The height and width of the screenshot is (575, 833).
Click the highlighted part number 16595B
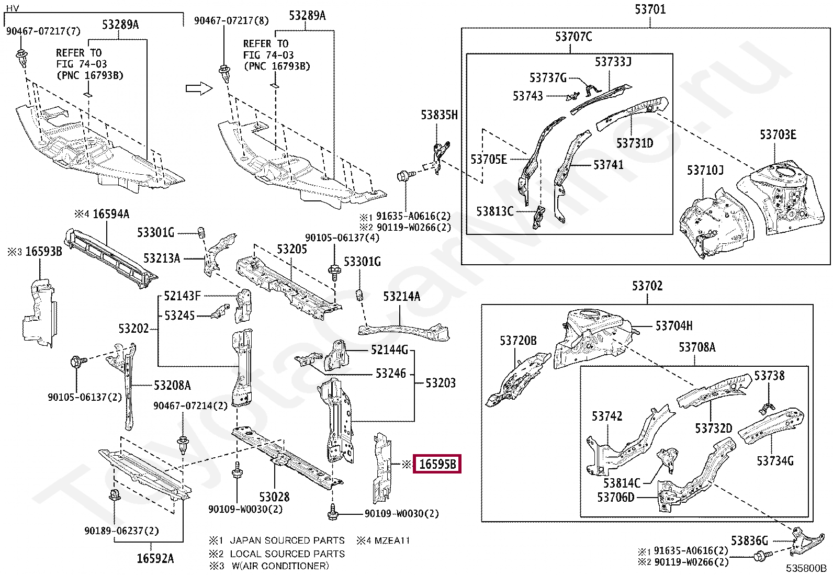(437, 464)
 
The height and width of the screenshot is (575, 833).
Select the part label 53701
(650, 9)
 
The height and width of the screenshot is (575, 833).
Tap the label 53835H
(439, 115)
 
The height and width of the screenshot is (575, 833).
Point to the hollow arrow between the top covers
(199, 88)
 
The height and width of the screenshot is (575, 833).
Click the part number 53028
(274, 497)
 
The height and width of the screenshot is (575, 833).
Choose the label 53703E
(778, 134)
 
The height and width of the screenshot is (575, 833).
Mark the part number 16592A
(155, 558)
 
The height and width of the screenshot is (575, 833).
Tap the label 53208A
(172, 385)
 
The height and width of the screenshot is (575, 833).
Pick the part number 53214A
(402, 297)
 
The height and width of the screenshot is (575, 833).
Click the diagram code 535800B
(806, 568)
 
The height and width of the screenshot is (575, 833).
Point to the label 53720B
(518, 341)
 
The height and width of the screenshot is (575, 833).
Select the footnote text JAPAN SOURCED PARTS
(287, 540)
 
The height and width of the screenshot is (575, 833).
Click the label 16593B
(43, 252)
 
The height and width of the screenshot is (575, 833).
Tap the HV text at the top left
(12, 8)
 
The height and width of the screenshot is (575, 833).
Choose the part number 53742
(607, 416)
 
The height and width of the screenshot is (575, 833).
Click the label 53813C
(495, 211)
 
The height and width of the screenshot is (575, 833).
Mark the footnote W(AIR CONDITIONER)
(280, 566)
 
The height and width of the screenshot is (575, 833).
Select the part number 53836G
(749, 540)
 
